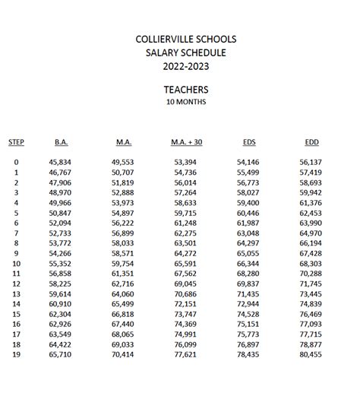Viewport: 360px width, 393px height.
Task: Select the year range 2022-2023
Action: (186, 66)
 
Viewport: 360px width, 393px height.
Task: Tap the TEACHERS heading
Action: (186, 89)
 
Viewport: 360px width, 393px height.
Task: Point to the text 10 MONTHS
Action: (186, 101)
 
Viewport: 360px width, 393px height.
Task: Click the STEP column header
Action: (16, 141)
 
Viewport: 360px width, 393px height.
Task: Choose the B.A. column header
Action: (62, 141)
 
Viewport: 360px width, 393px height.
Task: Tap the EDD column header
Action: (311, 141)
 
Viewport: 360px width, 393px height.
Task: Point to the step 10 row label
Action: (16, 263)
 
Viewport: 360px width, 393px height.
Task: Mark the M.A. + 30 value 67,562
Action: (185, 274)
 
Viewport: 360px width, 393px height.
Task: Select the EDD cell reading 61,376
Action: (311, 203)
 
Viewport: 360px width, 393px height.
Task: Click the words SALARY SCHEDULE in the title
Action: (186, 53)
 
